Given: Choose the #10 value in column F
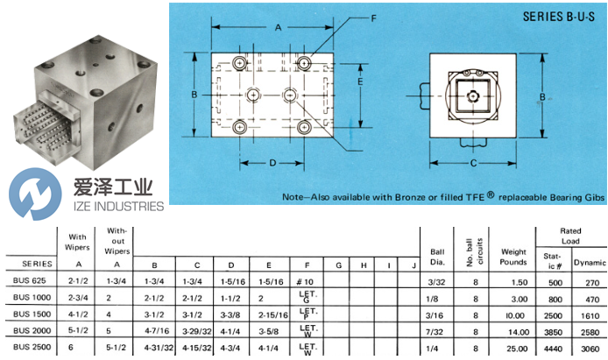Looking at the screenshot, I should click(x=307, y=281).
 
